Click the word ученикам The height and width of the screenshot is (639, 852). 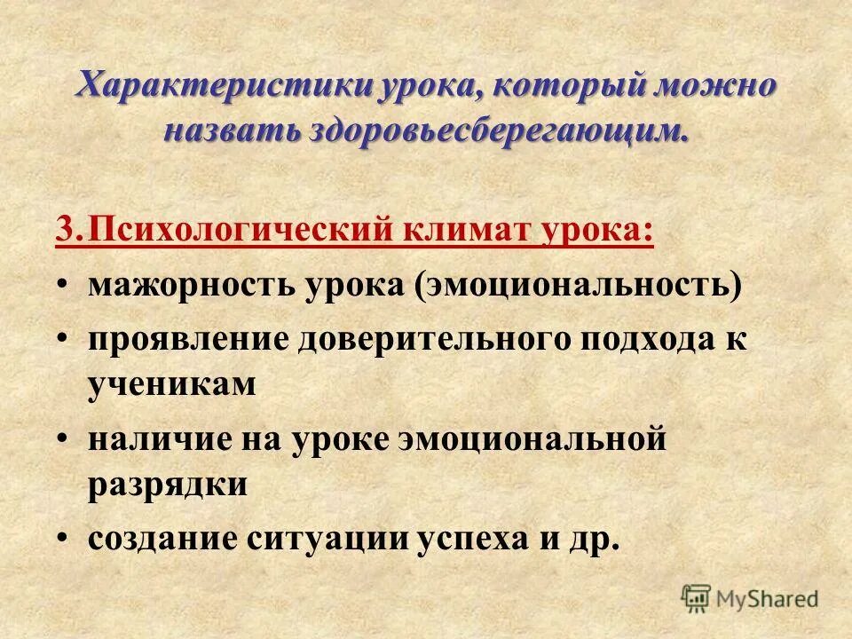pos(171,385)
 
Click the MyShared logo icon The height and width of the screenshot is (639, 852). pos(698,598)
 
